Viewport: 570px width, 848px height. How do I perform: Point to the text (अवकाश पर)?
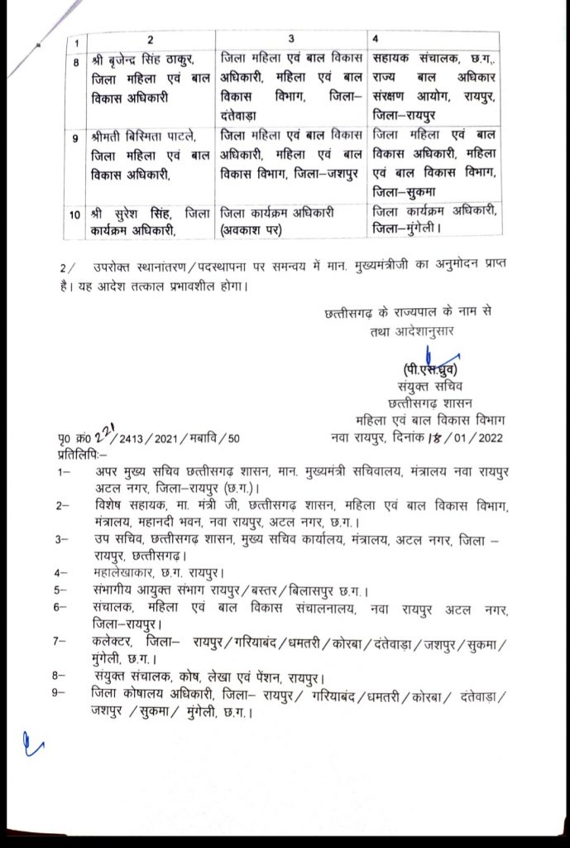[251, 229]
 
